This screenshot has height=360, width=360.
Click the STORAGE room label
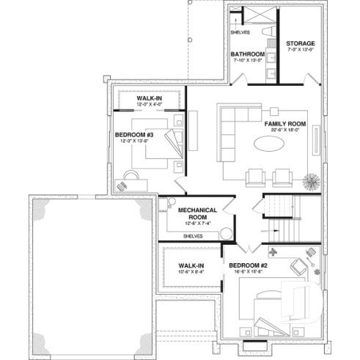click(x=300, y=43)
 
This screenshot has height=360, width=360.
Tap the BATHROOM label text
click(x=248, y=54)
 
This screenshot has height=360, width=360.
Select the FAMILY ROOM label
click(x=285, y=124)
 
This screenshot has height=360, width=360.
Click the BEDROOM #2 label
click(x=248, y=265)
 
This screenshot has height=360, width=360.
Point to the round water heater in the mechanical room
click(x=228, y=234)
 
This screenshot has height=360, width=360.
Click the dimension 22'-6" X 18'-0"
click(x=285, y=131)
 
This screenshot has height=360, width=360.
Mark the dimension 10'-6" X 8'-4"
click(x=191, y=272)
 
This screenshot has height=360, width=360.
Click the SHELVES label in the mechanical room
click(x=193, y=236)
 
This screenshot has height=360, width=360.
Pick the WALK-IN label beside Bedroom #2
click(x=191, y=265)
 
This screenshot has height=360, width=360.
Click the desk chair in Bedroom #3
click(x=130, y=175)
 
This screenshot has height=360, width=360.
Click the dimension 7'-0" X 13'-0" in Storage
click(x=300, y=51)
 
